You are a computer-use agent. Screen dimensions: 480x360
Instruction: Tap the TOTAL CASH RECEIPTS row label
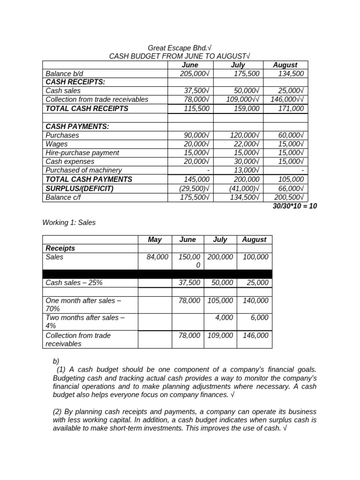[x=87, y=108]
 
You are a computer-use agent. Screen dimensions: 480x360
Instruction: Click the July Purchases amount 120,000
[x=245, y=135]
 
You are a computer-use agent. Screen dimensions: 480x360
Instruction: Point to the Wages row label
[x=57, y=144]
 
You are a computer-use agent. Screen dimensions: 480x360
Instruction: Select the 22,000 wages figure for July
[x=245, y=144]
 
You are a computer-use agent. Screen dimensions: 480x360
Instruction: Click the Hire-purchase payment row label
[x=82, y=153]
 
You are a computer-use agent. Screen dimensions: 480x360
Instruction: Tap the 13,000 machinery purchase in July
[x=246, y=170]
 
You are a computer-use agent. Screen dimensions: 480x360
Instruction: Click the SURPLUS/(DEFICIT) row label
[x=80, y=188]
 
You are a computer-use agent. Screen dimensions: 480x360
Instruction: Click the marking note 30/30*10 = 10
[x=294, y=206]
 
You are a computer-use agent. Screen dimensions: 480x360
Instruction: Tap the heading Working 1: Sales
[x=69, y=223]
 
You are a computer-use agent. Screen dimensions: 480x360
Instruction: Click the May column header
[x=155, y=240]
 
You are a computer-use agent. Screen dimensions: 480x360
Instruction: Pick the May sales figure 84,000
[x=157, y=257]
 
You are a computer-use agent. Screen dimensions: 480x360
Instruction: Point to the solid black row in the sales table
[x=157, y=274]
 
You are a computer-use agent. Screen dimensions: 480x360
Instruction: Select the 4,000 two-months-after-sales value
[x=224, y=317]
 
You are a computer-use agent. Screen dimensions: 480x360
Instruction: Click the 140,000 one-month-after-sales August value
[x=255, y=300]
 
